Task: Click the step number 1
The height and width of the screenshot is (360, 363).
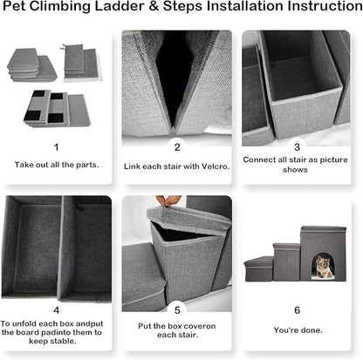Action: click(57, 147)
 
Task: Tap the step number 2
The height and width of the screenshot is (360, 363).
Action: click(177, 147)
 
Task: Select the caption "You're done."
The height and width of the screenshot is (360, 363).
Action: click(297, 330)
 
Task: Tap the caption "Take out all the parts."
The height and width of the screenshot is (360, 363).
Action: click(57, 164)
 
